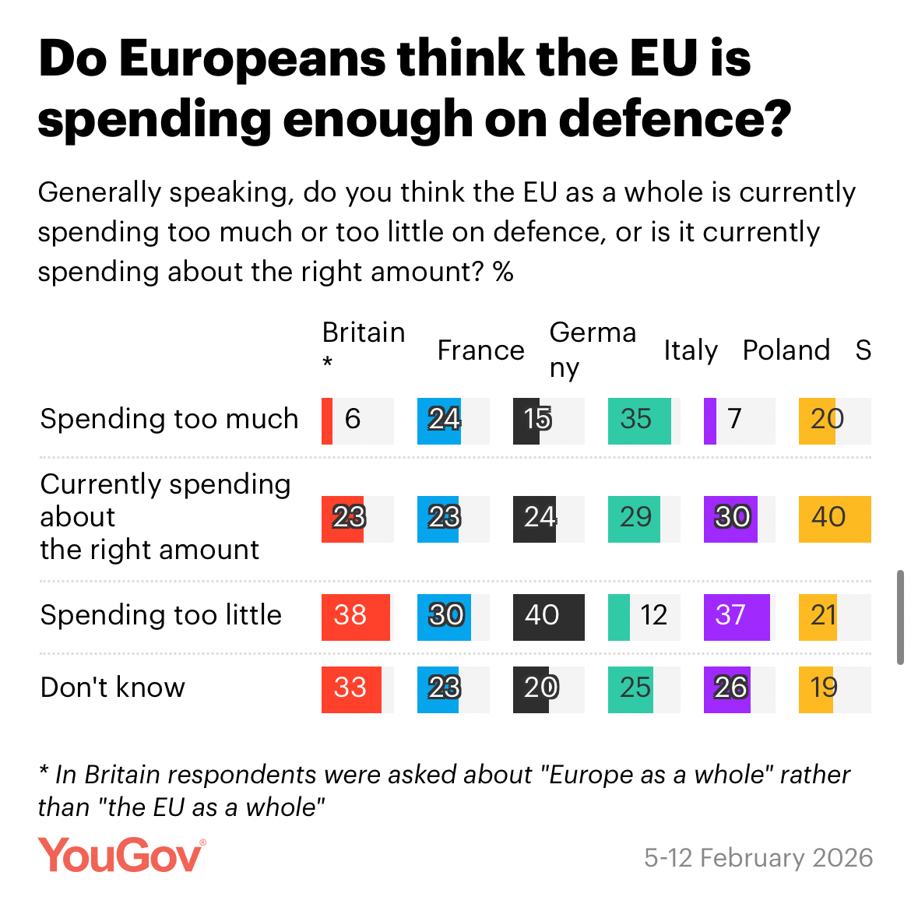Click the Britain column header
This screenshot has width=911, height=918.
(363, 333)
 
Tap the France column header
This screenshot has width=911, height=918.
(480, 350)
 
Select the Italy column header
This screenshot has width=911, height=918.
(690, 350)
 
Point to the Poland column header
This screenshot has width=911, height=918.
(786, 350)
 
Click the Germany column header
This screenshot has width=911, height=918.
(592, 349)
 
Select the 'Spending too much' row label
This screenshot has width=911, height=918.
(169, 419)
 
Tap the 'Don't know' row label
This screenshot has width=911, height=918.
(112, 688)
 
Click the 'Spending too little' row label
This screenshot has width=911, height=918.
(160, 615)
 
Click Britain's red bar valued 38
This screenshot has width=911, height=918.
(355, 617)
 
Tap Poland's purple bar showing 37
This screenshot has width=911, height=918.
(736, 617)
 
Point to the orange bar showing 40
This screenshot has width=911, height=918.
(834, 519)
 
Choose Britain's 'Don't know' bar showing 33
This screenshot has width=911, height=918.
(351, 689)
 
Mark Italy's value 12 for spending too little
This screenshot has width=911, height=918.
(654, 616)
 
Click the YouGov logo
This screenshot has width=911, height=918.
(122, 856)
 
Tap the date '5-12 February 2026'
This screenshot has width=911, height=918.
(758, 857)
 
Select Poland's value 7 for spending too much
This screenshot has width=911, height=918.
(734, 420)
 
